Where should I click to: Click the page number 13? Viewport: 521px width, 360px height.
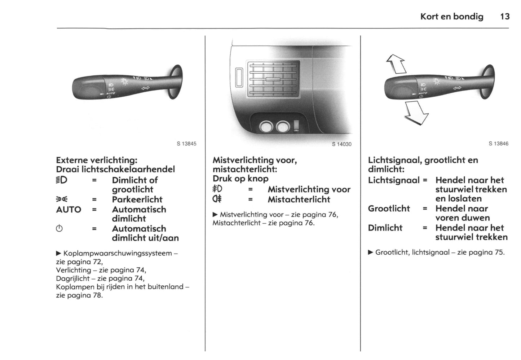[505, 17]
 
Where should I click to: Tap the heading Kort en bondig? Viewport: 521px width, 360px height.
[451, 17]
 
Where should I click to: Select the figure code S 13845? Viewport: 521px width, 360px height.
[186, 144]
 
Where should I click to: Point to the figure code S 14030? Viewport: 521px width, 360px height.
[341, 144]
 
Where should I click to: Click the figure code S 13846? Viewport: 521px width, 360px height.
[498, 144]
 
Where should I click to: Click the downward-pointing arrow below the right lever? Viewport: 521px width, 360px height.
[416, 113]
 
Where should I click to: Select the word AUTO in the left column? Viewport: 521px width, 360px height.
[69, 210]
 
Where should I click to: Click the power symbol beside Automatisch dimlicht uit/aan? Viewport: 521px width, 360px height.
[60, 229]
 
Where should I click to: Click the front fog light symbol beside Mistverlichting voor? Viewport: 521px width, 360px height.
[217, 189]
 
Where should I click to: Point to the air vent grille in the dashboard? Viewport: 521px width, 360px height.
[273, 79]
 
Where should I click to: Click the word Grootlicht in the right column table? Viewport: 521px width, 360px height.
[389, 208]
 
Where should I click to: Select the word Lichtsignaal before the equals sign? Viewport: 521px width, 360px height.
[393, 180]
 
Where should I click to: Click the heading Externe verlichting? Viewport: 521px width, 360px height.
[97, 160]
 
